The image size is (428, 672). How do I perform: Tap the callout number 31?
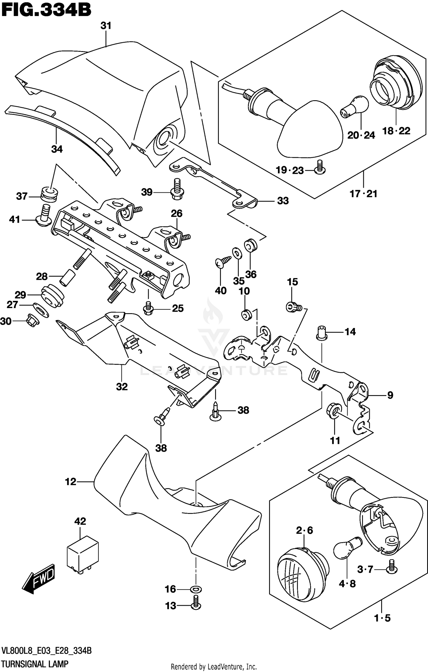pos(106,26)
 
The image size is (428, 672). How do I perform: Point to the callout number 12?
pos(71,482)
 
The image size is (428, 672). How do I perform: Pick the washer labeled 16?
pos(196,589)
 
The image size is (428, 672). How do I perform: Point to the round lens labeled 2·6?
pos(303,567)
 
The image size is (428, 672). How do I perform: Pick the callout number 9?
pos(390,395)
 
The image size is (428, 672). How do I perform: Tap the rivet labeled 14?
pos(322,333)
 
